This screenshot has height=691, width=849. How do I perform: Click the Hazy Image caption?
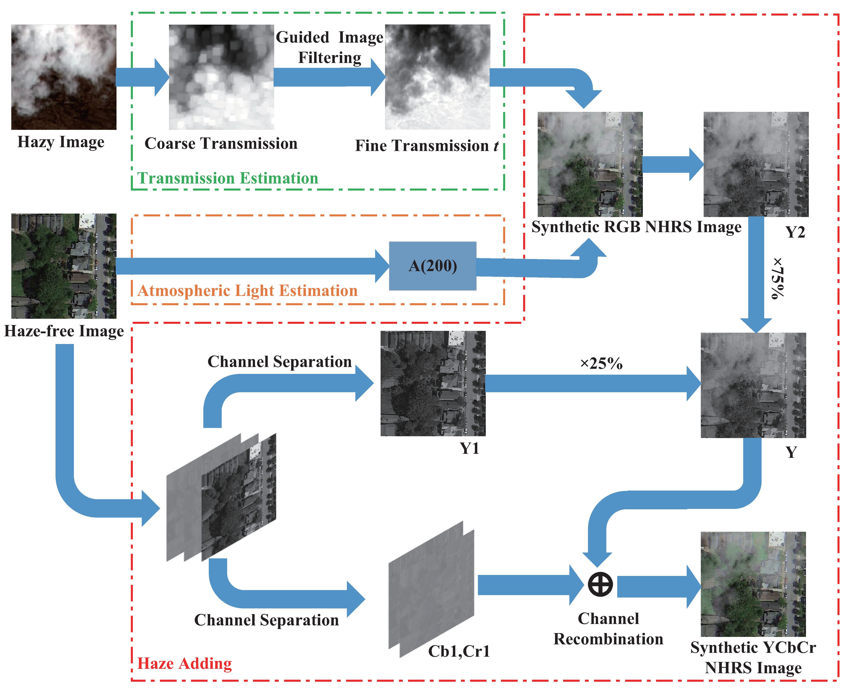coord(61,142)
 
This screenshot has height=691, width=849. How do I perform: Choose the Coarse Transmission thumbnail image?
coord(221,77)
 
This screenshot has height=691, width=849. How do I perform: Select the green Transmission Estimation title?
coord(228,178)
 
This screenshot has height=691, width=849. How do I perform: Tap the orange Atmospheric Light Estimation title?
coord(247,290)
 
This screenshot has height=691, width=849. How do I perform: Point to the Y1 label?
coord(469,449)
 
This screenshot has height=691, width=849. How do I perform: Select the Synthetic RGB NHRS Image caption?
coord(636,227)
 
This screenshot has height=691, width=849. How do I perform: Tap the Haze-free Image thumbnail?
coord(64,266)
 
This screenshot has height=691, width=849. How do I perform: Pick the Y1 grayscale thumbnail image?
coord(433,383)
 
